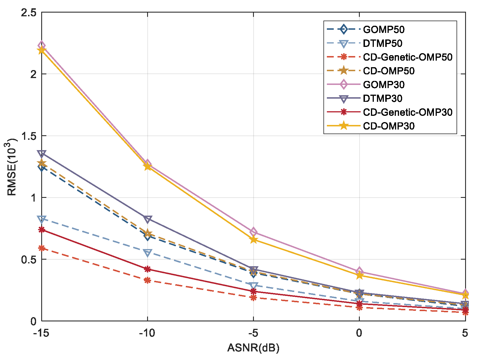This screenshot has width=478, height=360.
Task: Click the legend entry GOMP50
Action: point(384,29)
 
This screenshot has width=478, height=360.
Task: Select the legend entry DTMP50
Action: point(382,43)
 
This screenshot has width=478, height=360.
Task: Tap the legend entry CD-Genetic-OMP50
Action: point(408,57)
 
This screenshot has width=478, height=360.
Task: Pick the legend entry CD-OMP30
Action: point(388,126)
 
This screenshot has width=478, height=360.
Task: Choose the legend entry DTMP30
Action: point(382,99)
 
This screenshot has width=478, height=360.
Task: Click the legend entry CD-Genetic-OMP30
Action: point(408,112)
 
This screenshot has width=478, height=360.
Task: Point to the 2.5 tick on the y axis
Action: point(29,13)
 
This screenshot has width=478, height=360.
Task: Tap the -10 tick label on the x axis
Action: point(147,333)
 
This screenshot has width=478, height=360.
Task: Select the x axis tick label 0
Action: point(359,333)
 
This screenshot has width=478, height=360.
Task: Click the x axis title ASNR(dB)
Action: point(253,348)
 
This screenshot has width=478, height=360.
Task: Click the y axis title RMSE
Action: point(12,167)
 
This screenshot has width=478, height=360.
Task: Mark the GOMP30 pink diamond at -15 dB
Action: point(42,45)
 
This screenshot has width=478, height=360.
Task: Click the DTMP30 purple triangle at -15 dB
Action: point(42,154)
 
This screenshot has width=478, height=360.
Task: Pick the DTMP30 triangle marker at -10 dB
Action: point(147,219)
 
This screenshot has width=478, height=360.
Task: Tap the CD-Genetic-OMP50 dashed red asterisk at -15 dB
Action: point(42,248)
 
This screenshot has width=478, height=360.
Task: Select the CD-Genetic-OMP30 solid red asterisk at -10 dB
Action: point(147,269)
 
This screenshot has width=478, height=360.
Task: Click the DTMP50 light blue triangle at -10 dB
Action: point(147,253)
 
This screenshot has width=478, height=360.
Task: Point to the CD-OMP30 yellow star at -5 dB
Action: point(253,240)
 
